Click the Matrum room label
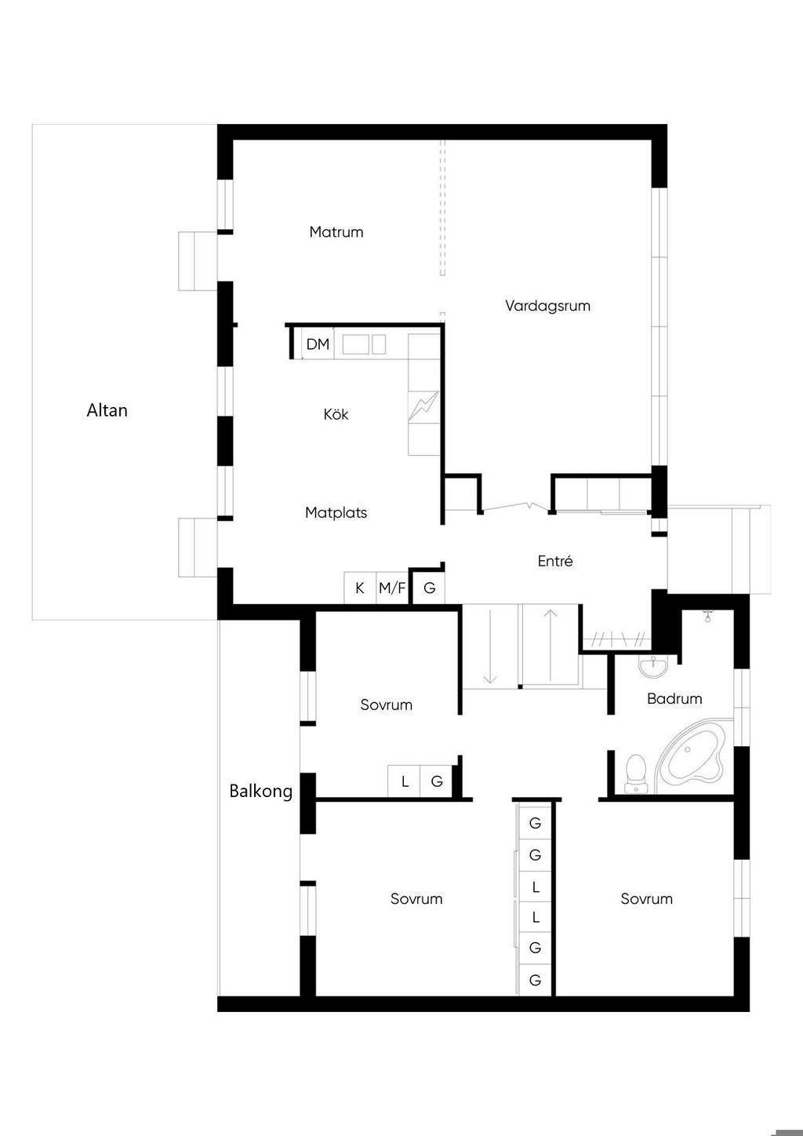tap(336, 232)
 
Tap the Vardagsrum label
tap(547, 306)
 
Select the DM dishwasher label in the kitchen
tap(318, 344)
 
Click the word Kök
tap(336, 414)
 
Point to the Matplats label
tap(336, 513)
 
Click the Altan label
tap(107, 410)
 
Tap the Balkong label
tap(260, 791)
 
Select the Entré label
tap(555, 561)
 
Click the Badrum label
tap(674, 699)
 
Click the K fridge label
tap(359, 588)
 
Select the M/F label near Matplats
tap(392, 588)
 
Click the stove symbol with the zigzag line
tap(423, 406)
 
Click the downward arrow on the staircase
tap(489, 646)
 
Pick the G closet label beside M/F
tap(430, 588)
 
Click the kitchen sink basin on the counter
tap(355, 344)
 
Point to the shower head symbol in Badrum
tap(708, 616)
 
